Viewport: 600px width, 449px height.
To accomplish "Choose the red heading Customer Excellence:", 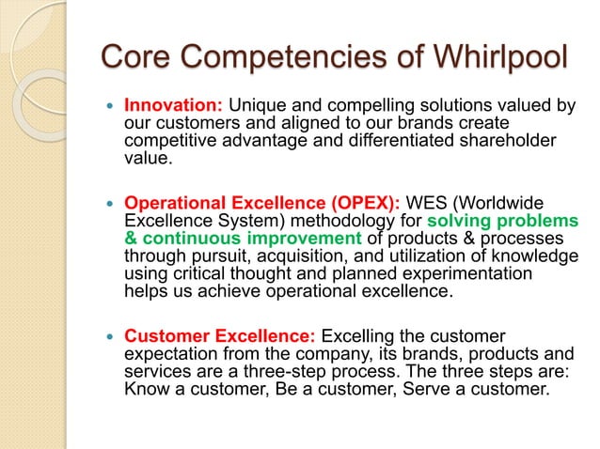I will point(222,335).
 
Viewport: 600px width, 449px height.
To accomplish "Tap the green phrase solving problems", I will point(503,220).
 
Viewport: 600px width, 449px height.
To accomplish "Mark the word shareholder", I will point(518,140).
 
